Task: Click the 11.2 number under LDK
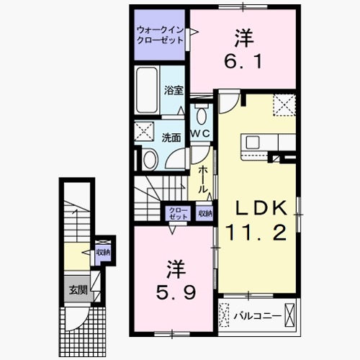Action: point(259,233)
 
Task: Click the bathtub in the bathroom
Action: point(147,91)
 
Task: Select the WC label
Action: point(199,135)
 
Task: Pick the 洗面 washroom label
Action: point(171,137)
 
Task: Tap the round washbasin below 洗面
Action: point(150,159)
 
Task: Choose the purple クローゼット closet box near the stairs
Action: point(176,213)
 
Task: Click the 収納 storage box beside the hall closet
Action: point(205,213)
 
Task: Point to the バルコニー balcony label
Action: point(253,315)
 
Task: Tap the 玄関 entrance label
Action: point(78,290)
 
